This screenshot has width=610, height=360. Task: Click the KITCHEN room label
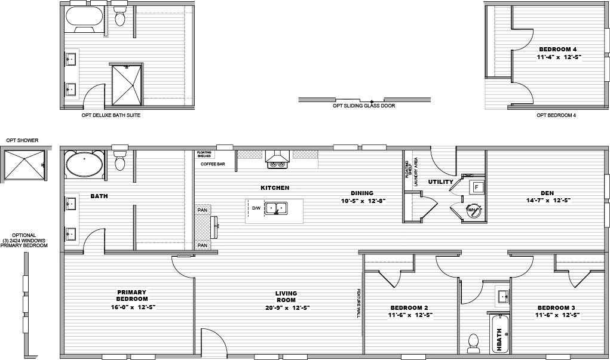[275, 187]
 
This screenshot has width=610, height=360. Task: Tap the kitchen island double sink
[276, 208]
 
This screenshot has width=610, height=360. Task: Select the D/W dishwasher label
[256, 208]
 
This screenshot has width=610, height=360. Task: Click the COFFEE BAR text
[212, 163]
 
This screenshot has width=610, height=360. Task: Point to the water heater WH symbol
[471, 210]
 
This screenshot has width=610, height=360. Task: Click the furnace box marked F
[477, 187]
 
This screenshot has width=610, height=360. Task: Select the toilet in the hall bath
[474, 341]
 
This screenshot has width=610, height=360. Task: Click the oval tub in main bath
[84, 165]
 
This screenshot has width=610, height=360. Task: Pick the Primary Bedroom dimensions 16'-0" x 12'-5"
[132, 307]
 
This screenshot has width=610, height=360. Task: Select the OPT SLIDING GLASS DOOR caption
[364, 106]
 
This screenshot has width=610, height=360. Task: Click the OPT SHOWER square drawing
[23, 164]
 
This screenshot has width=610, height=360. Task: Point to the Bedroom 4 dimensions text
[559, 57]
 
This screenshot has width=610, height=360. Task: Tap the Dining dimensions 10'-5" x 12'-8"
[362, 201]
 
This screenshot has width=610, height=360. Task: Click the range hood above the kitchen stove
[277, 158]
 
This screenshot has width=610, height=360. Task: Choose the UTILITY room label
[440, 181]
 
